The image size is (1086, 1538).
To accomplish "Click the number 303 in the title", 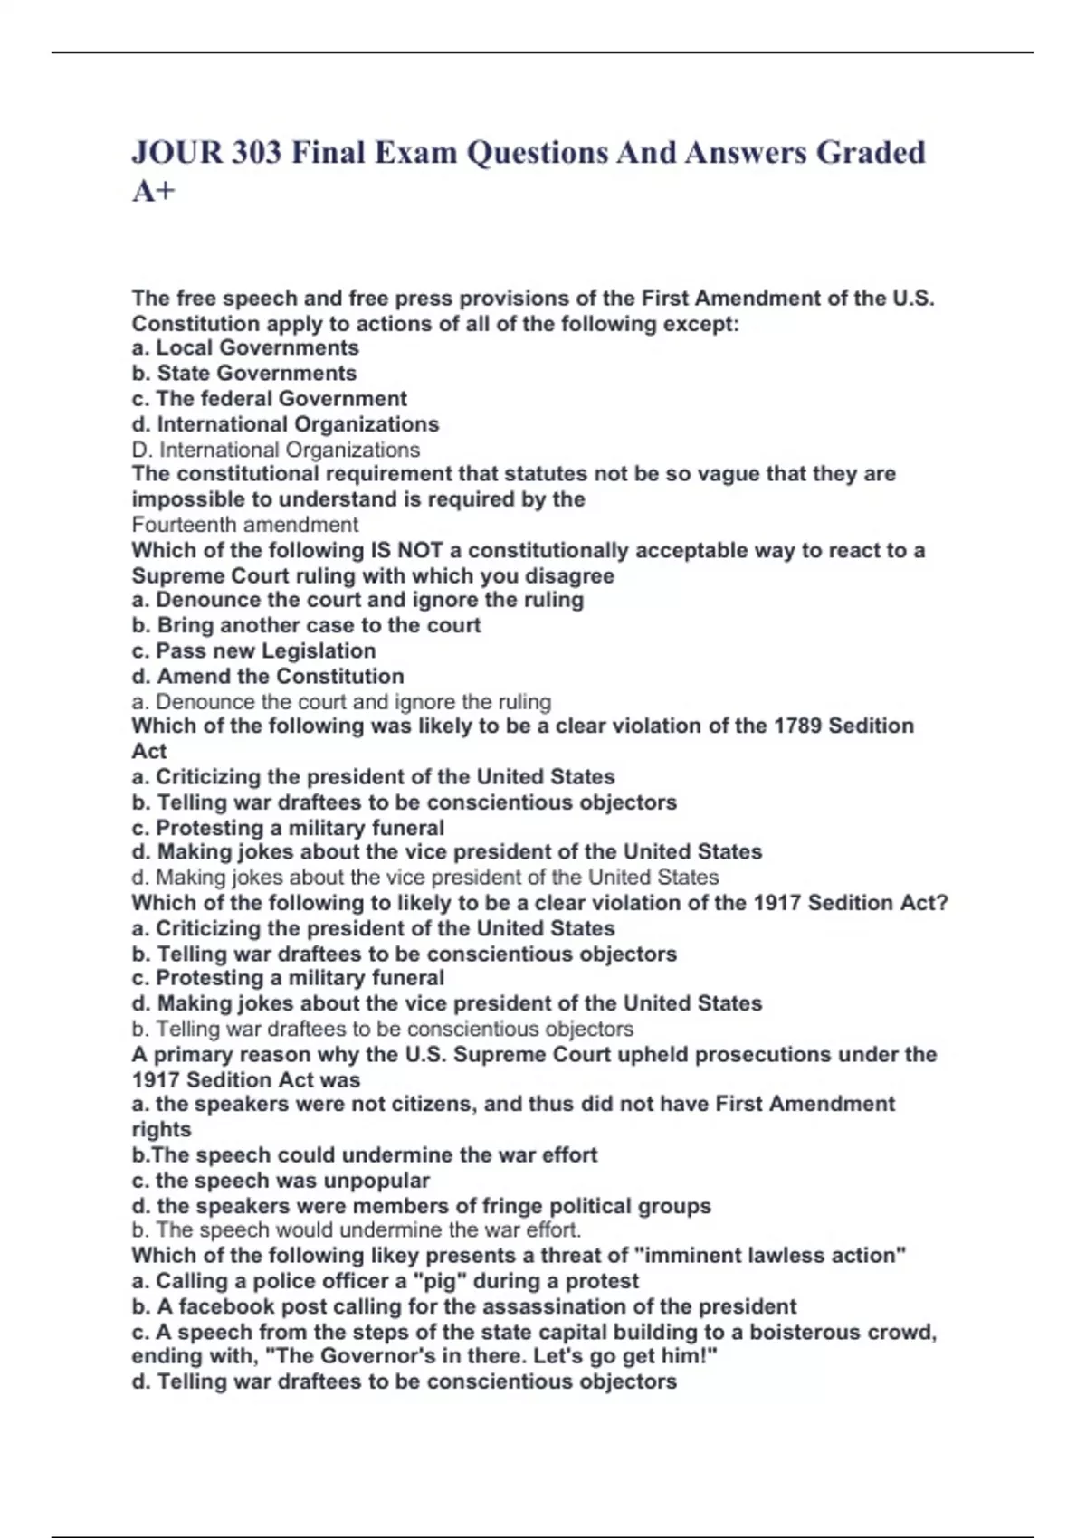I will click(256, 153).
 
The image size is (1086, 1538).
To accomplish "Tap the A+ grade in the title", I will click(153, 192).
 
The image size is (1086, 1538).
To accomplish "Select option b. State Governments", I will click(244, 373).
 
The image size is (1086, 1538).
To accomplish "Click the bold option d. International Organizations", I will click(285, 424).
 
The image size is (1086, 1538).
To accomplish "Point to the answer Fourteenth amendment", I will click(244, 525).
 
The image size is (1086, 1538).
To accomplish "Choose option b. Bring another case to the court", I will click(306, 625).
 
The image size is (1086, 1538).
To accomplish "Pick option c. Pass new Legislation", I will click(253, 650).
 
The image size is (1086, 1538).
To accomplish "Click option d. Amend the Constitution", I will click(268, 676).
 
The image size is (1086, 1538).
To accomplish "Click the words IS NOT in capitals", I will click(406, 550).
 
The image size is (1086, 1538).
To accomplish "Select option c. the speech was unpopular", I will click(281, 1181).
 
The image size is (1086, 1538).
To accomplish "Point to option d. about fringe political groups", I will click(421, 1206).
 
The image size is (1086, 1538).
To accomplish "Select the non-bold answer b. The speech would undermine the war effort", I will click(357, 1230).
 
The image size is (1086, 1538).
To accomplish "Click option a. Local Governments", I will click(245, 347).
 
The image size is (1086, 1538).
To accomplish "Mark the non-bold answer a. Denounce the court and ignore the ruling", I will click(341, 701).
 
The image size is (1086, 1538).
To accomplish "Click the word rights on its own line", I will click(161, 1129).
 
